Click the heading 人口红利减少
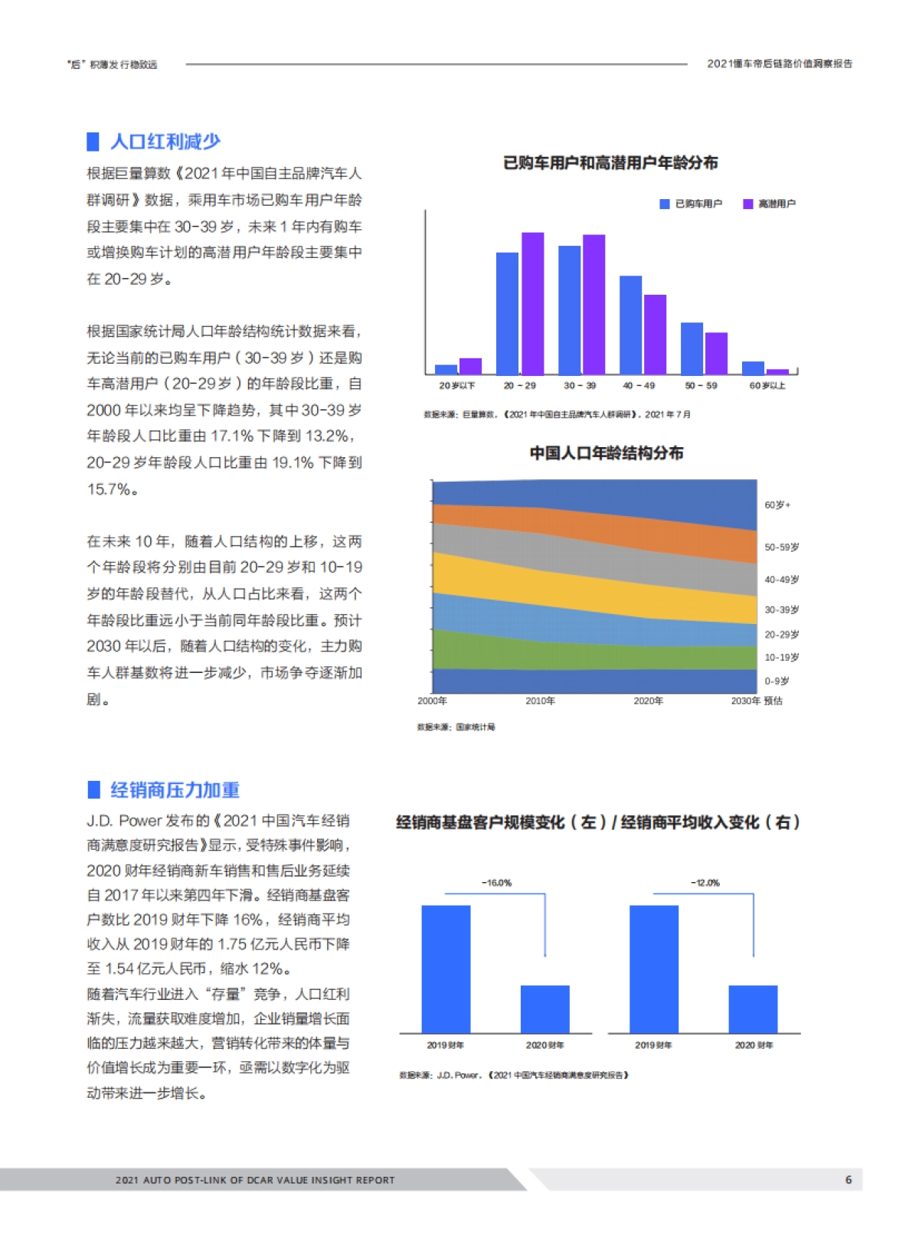coord(165,142)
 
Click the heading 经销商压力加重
coord(175,789)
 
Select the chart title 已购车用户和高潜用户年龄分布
coord(610,163)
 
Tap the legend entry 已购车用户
coord(692,204)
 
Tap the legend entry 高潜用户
coord(770,204)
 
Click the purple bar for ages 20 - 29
coord(532,303)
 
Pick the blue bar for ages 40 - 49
coord(630,325)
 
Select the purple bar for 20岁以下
coord(470,366)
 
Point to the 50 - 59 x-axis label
coord(701,386)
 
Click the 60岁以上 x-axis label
coord(767,386)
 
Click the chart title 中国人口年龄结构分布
coord(606,453)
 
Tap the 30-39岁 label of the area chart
coord(781,609)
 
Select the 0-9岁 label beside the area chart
coord(777,681)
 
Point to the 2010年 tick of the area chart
coord(540,701)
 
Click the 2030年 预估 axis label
coord(757,701)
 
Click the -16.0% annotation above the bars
coord(496,883)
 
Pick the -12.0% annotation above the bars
coord(705,883)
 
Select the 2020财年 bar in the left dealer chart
coord(545,1009)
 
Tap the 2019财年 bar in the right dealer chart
coord(653,969)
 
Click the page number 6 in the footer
coord(848,1180)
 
